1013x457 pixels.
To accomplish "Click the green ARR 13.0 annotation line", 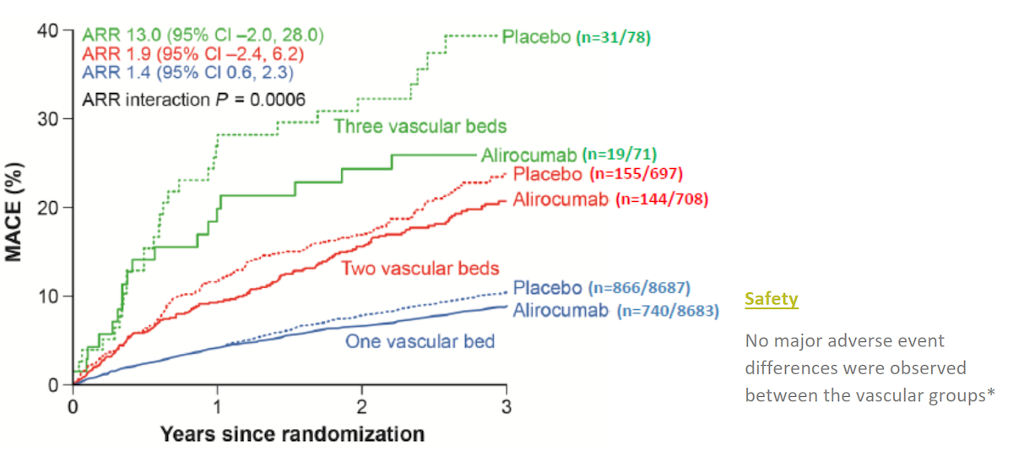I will [x=203, y=35].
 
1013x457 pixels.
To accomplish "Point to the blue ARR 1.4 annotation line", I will [x=186, y=73].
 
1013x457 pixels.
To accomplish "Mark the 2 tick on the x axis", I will [x=362, y=405].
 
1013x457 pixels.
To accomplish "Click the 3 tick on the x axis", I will [x=506, y=405].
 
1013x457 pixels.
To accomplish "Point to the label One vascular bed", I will [x=420, y=341].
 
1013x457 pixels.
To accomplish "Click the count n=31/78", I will [x=614, y=37].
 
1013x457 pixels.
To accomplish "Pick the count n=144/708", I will [x=662, y=199].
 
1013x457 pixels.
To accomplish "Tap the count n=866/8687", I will [x=653, y=288].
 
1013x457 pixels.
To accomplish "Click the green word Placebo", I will [x=536, y=36].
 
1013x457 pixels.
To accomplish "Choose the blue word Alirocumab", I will [x=560, y=310].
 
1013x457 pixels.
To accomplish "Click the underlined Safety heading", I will [x=771, y=299].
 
